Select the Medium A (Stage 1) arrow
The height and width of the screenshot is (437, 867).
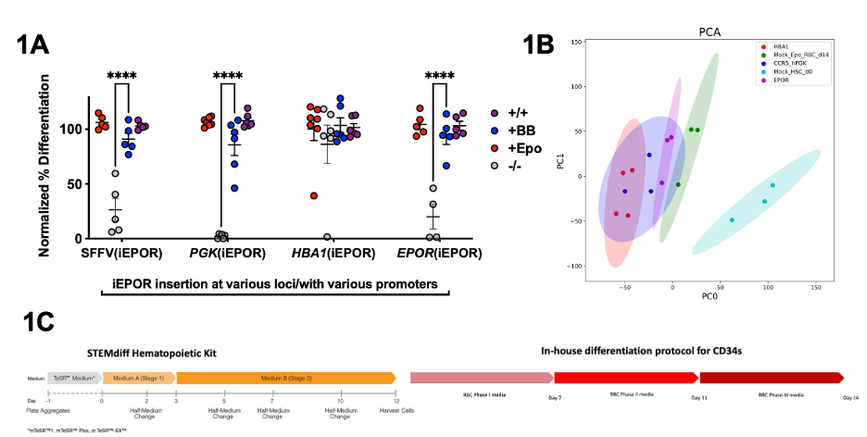click(x=138, y=378)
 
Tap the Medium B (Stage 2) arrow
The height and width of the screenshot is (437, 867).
click(x=285, y=378)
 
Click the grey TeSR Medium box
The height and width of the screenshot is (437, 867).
click(x=73, y=378)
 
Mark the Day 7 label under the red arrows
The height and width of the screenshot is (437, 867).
click(x=554, y=397)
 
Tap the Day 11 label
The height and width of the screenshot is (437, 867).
click(x=699, y=397)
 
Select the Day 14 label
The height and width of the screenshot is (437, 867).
click(x=849, y=397)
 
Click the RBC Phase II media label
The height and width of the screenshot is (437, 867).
click(x=630, y=394)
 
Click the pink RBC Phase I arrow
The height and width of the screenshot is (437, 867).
click(x=481, y=378)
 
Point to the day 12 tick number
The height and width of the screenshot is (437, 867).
click(x=396, y=400)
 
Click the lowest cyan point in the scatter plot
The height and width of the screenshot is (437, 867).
click(x=732, y=220)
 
